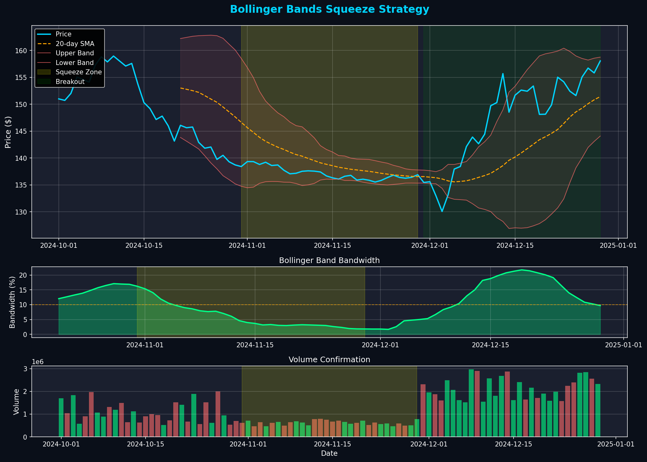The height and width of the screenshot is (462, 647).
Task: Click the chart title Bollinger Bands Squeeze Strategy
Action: click(329, 10)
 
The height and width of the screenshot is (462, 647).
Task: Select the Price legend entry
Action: click(63, 34)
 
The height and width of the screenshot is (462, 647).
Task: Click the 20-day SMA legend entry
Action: click(75, 44)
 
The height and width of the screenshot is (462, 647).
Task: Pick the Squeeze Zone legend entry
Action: click(78, 72)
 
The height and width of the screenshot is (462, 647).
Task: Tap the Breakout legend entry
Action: click(70, 82)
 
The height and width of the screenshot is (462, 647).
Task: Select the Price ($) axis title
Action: click(8, 132)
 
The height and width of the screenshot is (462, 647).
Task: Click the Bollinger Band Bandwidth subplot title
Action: click(329, 261)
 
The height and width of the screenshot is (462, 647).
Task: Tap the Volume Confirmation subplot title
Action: click(329, 360)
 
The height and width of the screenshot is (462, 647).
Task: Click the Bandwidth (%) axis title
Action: click(12, 302)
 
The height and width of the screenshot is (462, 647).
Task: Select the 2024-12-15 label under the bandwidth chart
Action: click(491, 345)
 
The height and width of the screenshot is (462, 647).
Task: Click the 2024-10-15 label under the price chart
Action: click(144, 246)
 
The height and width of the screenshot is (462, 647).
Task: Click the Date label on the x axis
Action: click(329, 454)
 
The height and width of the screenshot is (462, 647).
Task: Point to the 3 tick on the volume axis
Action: click(26, 369)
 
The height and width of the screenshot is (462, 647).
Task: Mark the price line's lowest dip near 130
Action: click(442, 211)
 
